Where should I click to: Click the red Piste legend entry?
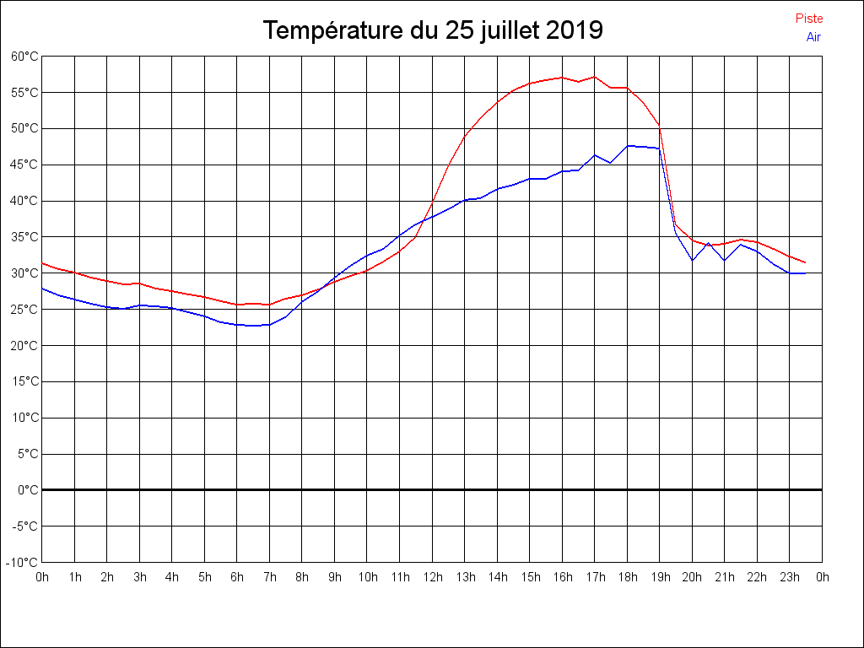[x=809, y=19]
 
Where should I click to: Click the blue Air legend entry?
[x=813, y=36]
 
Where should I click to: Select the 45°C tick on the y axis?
[x=24, y=165]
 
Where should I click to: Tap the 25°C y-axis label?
[x=24, y=310]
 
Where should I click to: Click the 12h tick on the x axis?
[x=432, y=578]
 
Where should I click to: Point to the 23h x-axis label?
[x=789, y=578]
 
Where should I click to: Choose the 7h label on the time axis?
[x=269, y=578]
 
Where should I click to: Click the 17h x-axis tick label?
[x=594, y=578]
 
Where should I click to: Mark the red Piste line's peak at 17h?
[x=594, y=77]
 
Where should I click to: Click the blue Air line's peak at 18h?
[x=627, y=146]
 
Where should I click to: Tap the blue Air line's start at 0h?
[x=42, y=289]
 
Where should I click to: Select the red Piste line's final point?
[x=805, y=262]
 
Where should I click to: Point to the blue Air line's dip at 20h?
[x=692, y=260]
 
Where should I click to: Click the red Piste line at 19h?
[x=659, y=127]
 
